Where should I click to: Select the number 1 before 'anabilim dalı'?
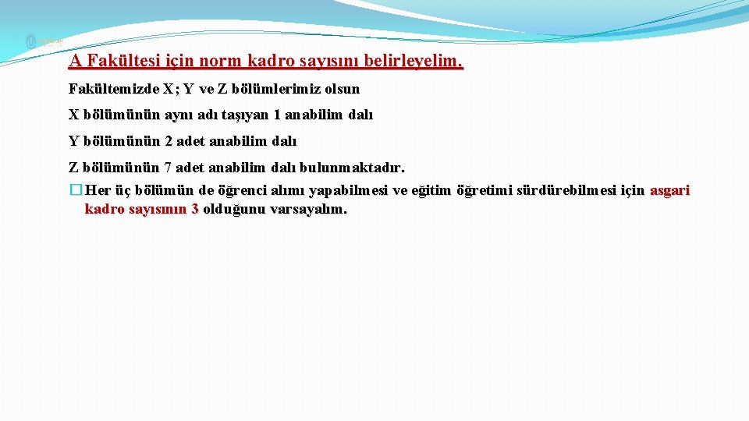coord(278,115)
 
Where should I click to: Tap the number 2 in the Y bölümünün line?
coord(169,142)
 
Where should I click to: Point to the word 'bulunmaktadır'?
coord(356,168)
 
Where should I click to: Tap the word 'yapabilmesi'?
coord(350,191)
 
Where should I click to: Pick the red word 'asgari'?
coord(669,191)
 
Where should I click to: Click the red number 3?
coord(194,210)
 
